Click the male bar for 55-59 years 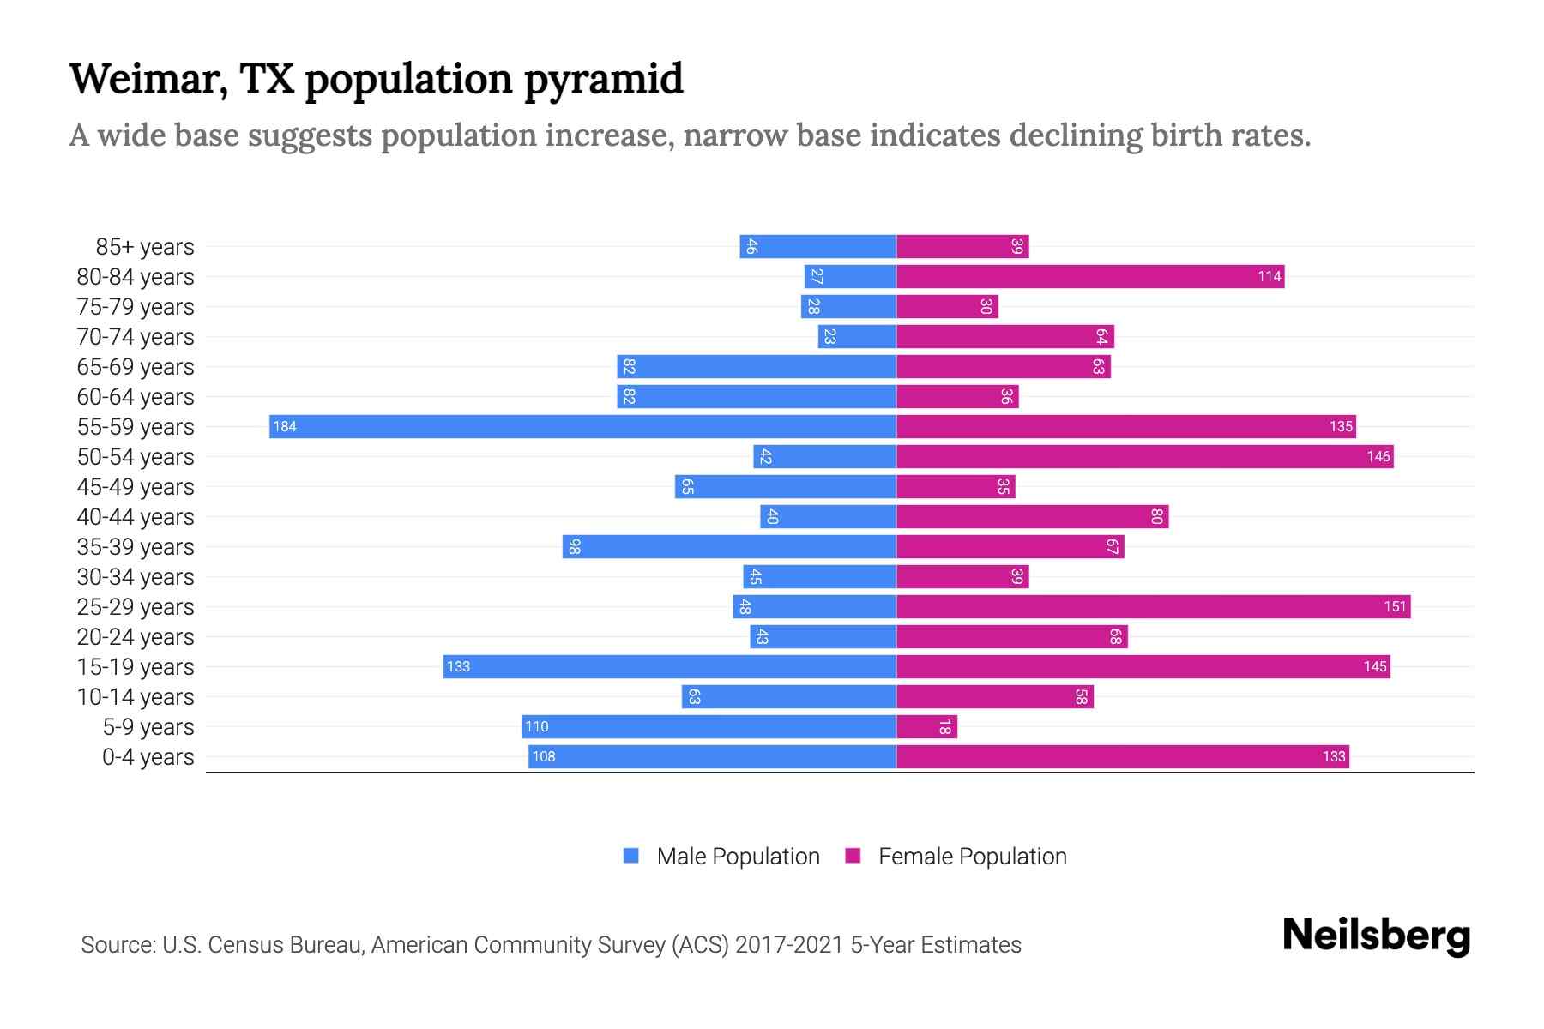point(583,426)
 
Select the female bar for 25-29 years point(1153,607)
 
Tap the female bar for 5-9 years point(926,727)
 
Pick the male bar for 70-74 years point(857,337)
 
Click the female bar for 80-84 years point(1089,277)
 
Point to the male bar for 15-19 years point(669,667)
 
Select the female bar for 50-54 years point(1144,457)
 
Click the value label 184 point(285,427)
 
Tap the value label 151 point(1395,607)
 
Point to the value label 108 point(544,757)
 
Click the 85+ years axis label point(145,247)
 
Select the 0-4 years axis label point(148,757)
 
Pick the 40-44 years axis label point(136,517)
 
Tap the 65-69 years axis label point(136,367)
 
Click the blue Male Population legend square point(631,856)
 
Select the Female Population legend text point(972,857)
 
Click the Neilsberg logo point(1376,936)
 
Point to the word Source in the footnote point(118,945)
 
